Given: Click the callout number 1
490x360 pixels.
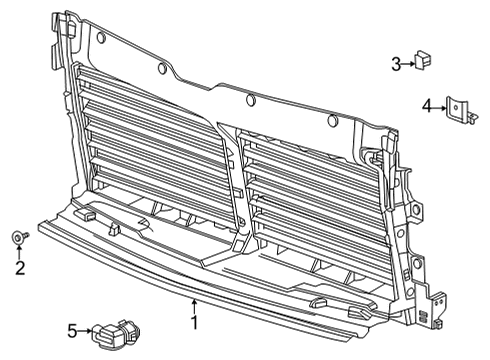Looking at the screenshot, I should (195, 323).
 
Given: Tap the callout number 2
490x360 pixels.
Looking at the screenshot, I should (19, 267).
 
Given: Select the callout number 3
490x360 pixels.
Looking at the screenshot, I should (396, 65).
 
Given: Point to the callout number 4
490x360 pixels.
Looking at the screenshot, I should (426, 105).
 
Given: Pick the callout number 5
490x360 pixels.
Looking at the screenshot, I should (72, 330).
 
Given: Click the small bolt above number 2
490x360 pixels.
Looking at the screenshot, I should (19, 236).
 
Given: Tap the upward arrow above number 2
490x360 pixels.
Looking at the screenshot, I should (19, 250).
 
